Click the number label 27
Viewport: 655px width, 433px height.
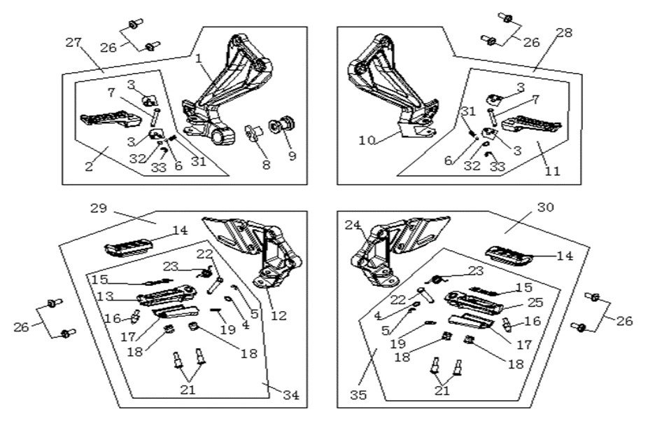(x=73, y=43)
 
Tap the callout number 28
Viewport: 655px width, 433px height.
(x=564, y=33)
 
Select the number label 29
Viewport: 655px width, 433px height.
(x=99, y=208)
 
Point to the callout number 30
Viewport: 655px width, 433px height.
(x=546, y=207)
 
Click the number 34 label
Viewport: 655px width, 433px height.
(x=291, y=395)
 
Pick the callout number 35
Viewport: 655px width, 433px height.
(x=358, y=395)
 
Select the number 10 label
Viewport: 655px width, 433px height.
(x=367, y=141)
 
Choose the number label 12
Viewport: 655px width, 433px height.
(x=279, y=315)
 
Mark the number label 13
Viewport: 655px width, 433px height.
(x=105, y=296)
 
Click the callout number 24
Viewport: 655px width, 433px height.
(x=353, y=226)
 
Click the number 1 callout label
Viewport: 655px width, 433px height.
(x=199, y=58)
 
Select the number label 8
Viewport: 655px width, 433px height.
(x=266, y=165)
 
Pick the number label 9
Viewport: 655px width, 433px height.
(x=292, y=156)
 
